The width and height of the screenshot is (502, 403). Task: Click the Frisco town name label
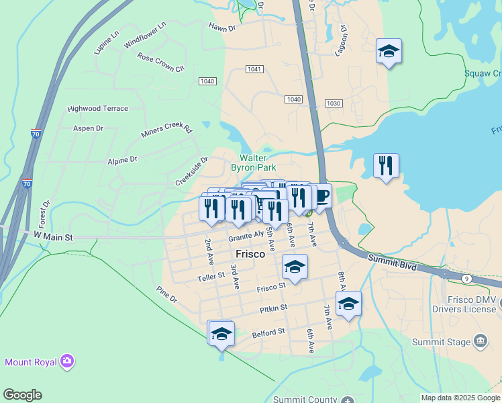[x=250, y=255]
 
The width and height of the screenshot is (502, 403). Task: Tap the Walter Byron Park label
[x=253, y=162]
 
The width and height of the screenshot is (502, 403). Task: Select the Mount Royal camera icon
[x=66, y=362]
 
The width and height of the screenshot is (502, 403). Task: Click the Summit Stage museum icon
[x=480, y=342]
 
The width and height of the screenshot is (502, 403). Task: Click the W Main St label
[x=52, y=236]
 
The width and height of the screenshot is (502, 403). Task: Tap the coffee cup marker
[x=321, y=196]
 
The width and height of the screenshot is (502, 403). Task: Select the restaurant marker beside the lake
[x=386, y=165]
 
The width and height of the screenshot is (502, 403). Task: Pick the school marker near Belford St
[x=221, y=333]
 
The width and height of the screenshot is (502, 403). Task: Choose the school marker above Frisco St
[x=295, y=267]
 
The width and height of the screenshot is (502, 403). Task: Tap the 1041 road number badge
[x=254, y=69]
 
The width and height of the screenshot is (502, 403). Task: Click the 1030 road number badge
[x=334, y=103]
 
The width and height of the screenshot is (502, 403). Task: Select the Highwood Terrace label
[x=97, y=108]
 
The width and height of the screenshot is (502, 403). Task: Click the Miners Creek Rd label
[x=166, y=130]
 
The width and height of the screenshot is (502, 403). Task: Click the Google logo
[x=22, y=395]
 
